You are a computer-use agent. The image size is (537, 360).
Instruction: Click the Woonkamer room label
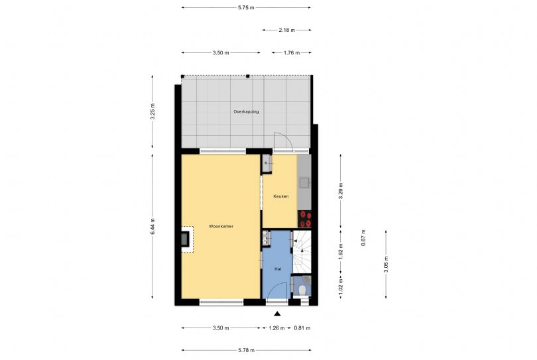(221, 227)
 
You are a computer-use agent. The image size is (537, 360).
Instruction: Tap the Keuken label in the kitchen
(281, 196)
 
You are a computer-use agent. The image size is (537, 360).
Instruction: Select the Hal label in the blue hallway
(278, 269)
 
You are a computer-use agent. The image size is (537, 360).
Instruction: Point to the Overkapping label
(246, 111)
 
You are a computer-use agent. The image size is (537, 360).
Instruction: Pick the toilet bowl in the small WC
(302, 290)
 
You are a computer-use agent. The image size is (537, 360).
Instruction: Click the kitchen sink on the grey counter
(304, 182)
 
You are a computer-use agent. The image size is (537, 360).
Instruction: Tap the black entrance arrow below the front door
(277, 314)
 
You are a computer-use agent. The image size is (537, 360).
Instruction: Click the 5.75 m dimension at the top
(246, 7)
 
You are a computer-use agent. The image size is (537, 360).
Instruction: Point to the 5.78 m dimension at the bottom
(246, 350)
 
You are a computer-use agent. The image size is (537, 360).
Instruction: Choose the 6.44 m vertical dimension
(152, 227)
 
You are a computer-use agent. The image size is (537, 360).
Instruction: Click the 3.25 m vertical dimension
(152, 111)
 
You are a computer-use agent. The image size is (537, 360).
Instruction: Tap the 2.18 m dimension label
(286, 30)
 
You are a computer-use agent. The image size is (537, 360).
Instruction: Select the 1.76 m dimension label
(292, 53)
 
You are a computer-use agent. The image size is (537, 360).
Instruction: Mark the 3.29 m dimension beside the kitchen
(340, 191)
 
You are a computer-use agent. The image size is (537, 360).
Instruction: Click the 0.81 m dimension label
(302, 328)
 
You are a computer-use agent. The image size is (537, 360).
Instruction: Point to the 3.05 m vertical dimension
(386, 265)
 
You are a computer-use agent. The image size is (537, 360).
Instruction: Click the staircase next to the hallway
(302, 252)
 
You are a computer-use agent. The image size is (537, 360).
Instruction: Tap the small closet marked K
(267, 163)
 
